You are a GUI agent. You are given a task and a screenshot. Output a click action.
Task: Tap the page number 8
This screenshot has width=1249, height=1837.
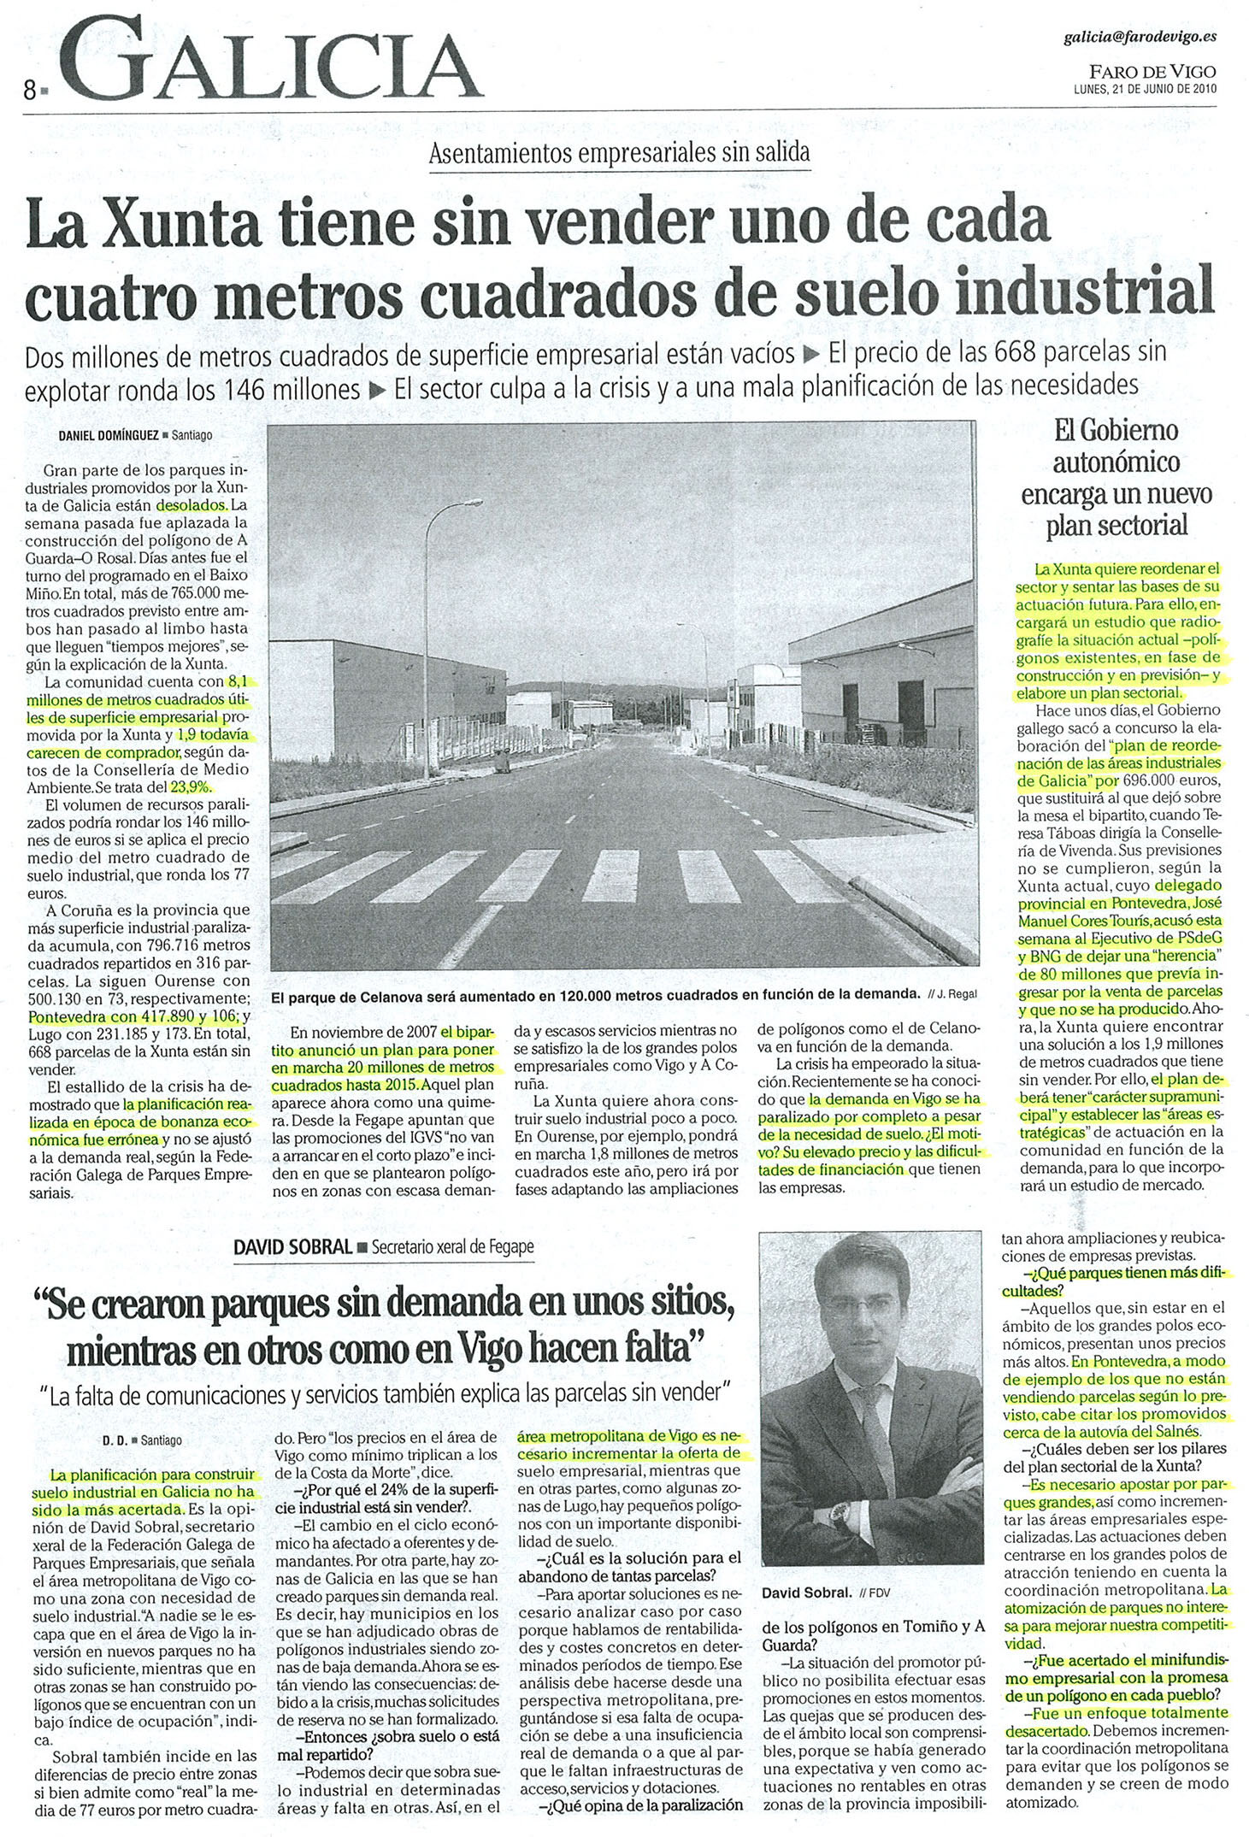(30, 89)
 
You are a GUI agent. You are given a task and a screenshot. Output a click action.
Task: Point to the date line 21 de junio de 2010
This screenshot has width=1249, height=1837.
(1146, 88)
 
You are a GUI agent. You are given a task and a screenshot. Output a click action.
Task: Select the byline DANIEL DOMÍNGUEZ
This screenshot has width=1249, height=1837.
(108, 434)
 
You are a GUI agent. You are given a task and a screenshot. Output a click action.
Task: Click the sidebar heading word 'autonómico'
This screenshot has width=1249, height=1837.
(1116, 462)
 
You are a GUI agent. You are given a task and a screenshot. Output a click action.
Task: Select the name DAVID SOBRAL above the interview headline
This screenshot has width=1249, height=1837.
(292, 1247)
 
